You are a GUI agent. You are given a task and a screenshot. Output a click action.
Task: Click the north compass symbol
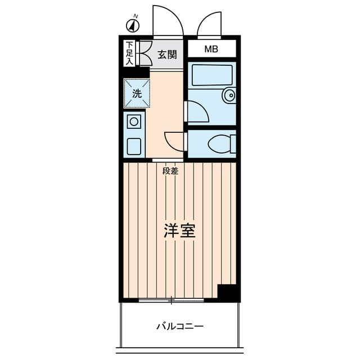tap(133, 25)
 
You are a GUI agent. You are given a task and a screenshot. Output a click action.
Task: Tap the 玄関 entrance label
tap(167, 55)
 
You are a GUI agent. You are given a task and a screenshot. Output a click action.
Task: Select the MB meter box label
tap(211, 49)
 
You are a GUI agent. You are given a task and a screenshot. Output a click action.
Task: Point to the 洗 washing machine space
tap(137, 93)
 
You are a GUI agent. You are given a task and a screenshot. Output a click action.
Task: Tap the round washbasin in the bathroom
tap(229, 96)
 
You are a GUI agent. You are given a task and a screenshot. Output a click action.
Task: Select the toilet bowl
tap(220, 144)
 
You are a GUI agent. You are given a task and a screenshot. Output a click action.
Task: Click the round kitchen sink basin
tap(134, 121)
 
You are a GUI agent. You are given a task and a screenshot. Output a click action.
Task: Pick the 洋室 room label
tap(179, 231)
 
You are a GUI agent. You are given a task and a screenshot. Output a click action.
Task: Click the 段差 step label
tap(170, 171)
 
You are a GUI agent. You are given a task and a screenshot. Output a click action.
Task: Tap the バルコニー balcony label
tap(179, 326)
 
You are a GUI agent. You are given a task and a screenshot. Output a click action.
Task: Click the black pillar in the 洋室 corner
tap(227, 292)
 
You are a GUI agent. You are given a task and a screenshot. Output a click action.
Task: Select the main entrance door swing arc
tap(168, 21)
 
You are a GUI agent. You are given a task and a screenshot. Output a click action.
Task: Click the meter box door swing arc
tap(209, 24)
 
